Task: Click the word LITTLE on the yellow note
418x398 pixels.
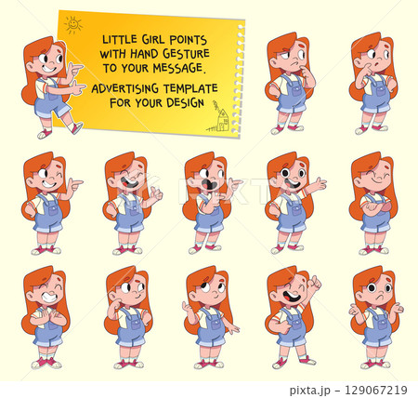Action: point(119,39)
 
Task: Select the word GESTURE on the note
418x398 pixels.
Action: point(186,54)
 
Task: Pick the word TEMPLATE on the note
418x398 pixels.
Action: point(190,88)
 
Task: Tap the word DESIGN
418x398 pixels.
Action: point(186,102)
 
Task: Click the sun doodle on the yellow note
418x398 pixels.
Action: point(73,25)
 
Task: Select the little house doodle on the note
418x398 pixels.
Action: point(221,118)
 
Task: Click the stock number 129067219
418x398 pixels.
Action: point(376,390)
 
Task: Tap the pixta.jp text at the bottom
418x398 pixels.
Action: point(309,390)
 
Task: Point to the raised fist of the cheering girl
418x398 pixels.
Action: point(315,283)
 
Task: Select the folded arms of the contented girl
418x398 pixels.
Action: point(376,208)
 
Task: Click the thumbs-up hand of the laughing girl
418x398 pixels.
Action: point(156,193)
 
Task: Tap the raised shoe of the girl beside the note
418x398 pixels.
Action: point(77,128)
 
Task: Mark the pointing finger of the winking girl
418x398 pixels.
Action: point(76,181)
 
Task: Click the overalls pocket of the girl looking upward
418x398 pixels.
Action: point(215,323)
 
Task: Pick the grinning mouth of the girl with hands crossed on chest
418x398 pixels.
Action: point(50,298)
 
